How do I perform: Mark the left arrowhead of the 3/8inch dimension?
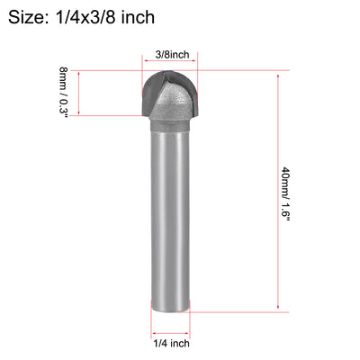(x=145, y=65)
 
